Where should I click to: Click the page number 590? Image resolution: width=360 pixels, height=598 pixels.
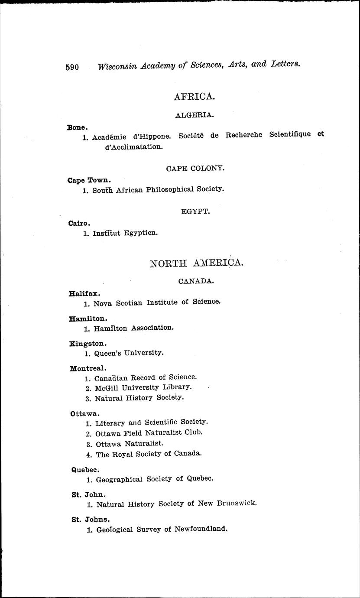coord(72,67)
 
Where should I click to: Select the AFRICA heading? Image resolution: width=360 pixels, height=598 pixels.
coord(194,97)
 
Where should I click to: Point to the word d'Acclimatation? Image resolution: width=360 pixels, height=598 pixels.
coord(128,147)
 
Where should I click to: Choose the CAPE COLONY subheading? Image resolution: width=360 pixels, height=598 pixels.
coord(195,168)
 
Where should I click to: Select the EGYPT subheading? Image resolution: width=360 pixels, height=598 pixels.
coord(195,211)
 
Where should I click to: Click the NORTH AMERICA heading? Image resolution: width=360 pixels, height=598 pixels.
coord(196,263)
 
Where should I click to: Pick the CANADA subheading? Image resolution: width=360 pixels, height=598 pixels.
coord(196,281)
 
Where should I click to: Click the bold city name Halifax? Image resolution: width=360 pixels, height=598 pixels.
coord(84,293)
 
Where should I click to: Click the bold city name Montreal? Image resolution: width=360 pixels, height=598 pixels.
coord(88,369)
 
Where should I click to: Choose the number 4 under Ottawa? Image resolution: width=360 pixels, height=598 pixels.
coord(88,455)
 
